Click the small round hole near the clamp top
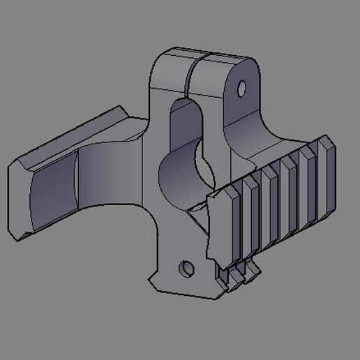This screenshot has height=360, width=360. point(241,89)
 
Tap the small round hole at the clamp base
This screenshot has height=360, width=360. point(186,268)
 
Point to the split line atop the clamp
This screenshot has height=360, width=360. point(192,70)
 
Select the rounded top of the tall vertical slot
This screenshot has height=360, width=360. point(185,107)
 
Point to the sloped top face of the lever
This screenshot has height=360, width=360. point(77,136)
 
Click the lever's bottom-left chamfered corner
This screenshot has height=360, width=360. point(17,234)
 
